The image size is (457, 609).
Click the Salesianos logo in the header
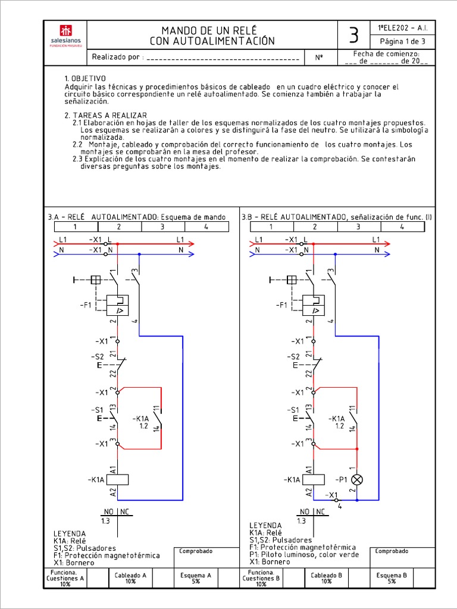click(65, 35)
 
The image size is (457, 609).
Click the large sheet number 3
click(353, 36)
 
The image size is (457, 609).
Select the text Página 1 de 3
click(402, 42)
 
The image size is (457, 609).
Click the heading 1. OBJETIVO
click(85, 79)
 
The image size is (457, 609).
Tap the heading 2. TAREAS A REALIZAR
click(106, 115)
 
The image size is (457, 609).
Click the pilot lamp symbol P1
click(357, 479)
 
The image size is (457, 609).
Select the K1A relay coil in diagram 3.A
click(118, 479)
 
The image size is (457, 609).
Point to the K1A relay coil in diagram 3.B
click(313, 479)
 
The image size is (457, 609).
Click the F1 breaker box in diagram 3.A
click(118, 305)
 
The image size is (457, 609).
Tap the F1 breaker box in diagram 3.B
click(314, 305)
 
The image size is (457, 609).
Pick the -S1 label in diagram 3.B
click(292, 410)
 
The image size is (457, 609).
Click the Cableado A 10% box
click(130, 578)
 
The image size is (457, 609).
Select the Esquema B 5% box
click(392, 578)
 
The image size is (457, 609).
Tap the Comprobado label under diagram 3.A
click(196, 551)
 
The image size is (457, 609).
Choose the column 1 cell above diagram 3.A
click(75, 227)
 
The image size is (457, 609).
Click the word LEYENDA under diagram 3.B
click(265, 526)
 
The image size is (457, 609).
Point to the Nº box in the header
click(319, 58)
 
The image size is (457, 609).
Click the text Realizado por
click(117, 58)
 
